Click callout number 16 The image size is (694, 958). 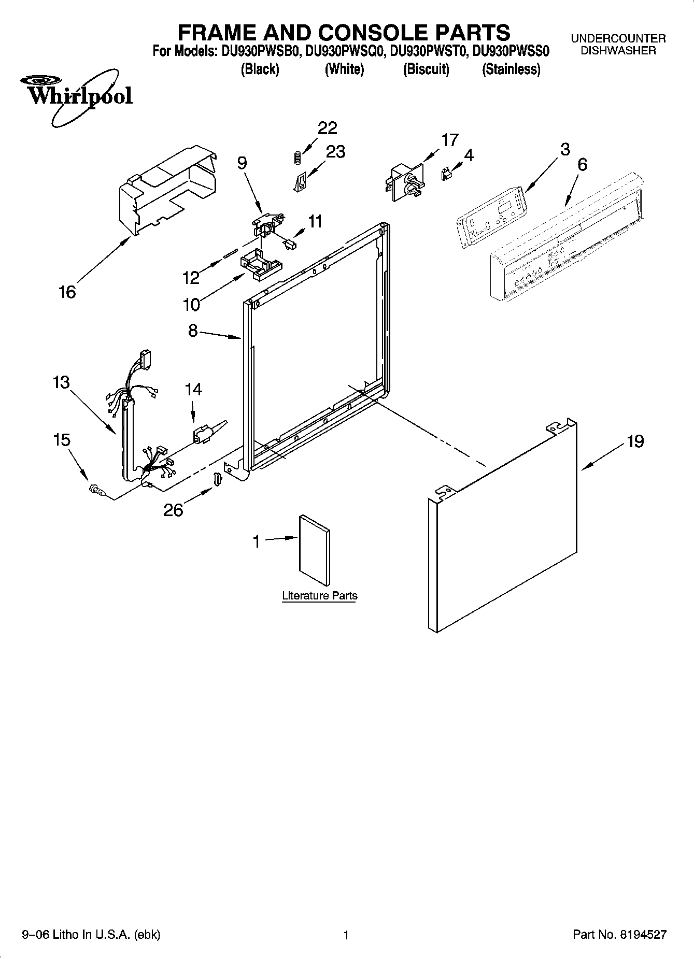tap(67, 292)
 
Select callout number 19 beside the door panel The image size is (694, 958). tap(635, 441)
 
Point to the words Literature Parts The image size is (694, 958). tap(319, 596)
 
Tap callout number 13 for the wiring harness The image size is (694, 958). tap(61, 382)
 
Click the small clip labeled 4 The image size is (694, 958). tap(445, 175)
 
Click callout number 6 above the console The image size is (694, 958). tap(582, 165)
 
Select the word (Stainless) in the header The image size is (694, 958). tap(511, 69)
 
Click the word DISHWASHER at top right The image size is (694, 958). tap(618, 50)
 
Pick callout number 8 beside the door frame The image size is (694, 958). tap(193, 331)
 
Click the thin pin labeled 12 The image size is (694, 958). tap(230, 252)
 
